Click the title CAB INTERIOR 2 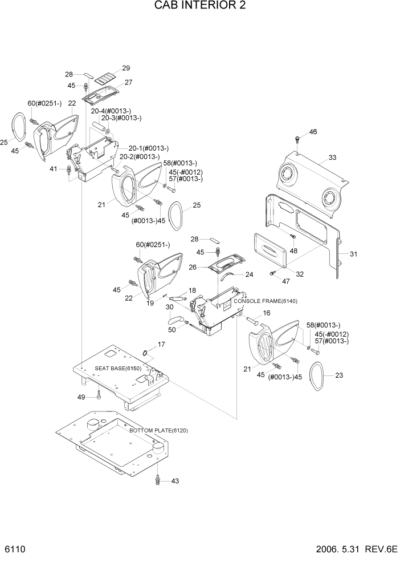(x=200, y=6)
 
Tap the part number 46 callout (x=313, y=132)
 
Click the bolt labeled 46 (x=297, y=139)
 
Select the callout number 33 (x=333, y=157)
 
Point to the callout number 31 (x=353, y=254)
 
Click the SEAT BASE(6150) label (x=118, y=369)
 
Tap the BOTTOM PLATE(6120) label (x=150, y=431)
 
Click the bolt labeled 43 (x=158, y=480)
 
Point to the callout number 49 (x=81, y=397)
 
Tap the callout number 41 (x=53, y=169)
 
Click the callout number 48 (x=293, y=250)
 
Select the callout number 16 (x=266, y=313)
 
